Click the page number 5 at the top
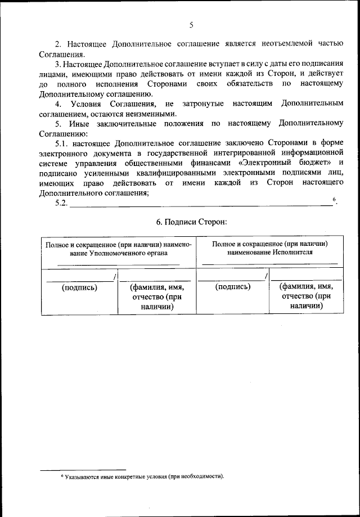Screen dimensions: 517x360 pyautogui.click(x=191, y=25)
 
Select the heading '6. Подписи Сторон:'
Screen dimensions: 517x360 pyautogui.click(x=191, y=222)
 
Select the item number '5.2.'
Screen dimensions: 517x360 pyautogui.click(x=61, y=204)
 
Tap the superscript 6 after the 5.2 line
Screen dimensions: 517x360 pyautogui.click(x=334, y=200)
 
